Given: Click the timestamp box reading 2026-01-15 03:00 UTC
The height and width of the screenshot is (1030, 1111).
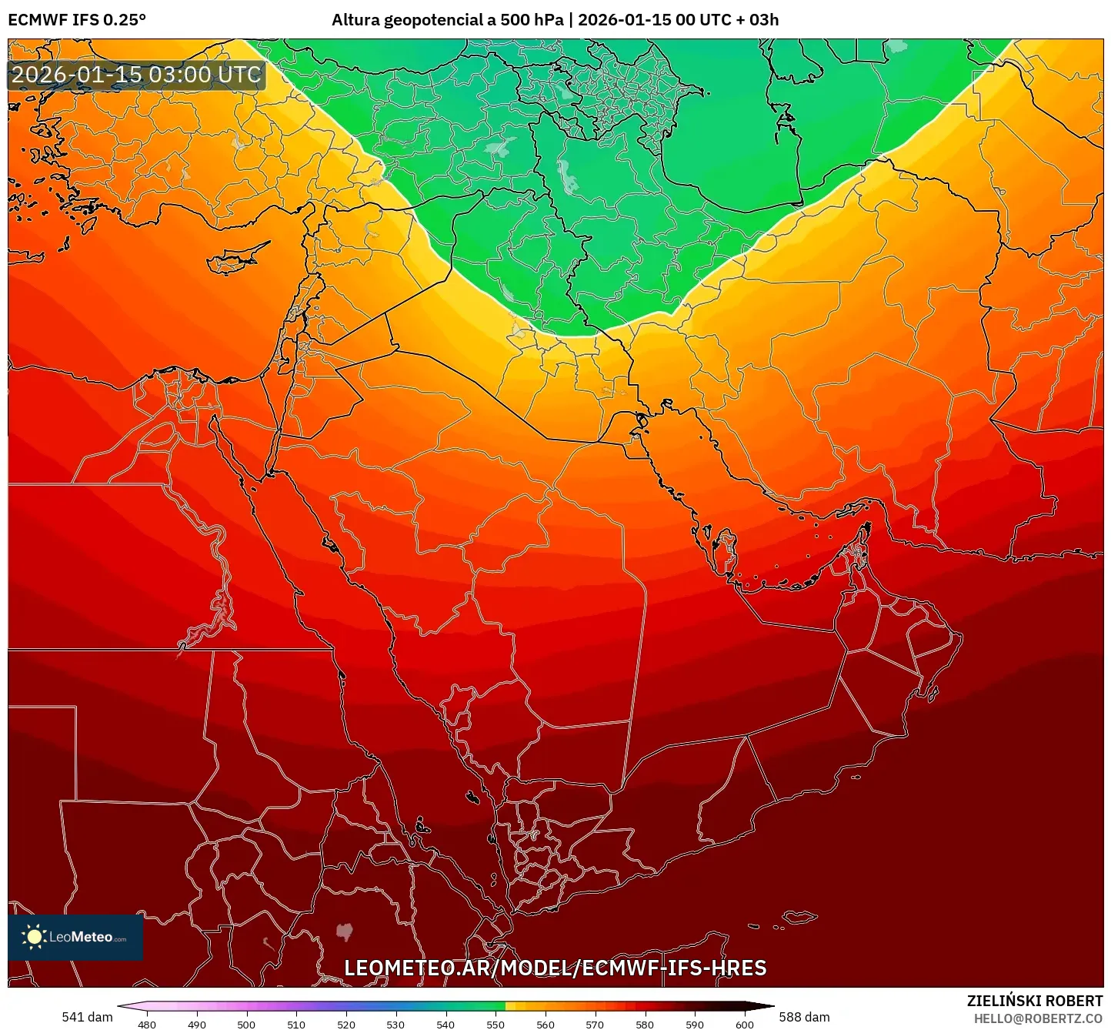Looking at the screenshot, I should [136, 75].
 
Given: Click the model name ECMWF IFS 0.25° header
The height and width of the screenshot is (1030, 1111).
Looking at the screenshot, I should [77, 20].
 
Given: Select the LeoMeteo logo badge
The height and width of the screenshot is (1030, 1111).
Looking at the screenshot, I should [75, 937].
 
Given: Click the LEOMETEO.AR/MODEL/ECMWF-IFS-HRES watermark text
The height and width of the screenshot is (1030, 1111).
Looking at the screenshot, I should [555, 968].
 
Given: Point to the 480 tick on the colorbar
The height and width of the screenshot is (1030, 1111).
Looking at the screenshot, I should [146, 1024].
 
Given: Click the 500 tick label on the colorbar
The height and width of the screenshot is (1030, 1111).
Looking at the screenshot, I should [246, 1024].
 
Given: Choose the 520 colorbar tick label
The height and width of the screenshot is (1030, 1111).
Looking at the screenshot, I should [345, 1024].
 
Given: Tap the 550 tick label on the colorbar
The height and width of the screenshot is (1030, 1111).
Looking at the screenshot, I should [495, 1024].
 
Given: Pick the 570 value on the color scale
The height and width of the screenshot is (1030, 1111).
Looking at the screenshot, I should [595, 1024].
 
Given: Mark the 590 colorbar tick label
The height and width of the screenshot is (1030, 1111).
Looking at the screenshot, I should [695, 1024].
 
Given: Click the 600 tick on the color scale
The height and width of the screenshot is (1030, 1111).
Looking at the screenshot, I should [745, 1024].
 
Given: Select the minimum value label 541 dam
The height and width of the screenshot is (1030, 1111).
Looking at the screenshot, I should [87, 1017].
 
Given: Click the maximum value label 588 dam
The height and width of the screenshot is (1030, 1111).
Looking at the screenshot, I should [804, 1017].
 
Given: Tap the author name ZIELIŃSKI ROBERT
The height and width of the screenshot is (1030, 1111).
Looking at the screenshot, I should [1035, 1001].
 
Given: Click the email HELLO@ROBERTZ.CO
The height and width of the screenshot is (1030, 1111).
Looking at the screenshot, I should [1038, 1018].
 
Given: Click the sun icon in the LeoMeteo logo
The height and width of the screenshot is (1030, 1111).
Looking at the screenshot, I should [34, 937].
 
